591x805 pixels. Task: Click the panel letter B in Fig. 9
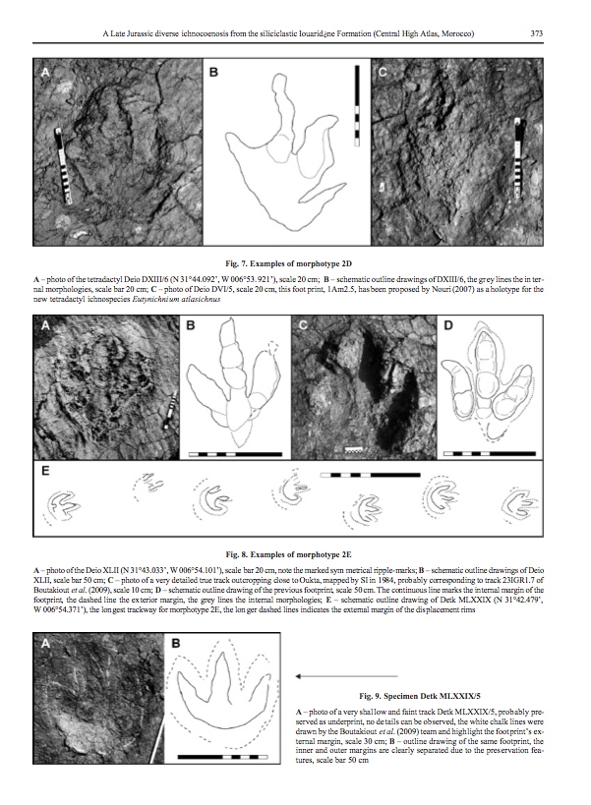point(183,645)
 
